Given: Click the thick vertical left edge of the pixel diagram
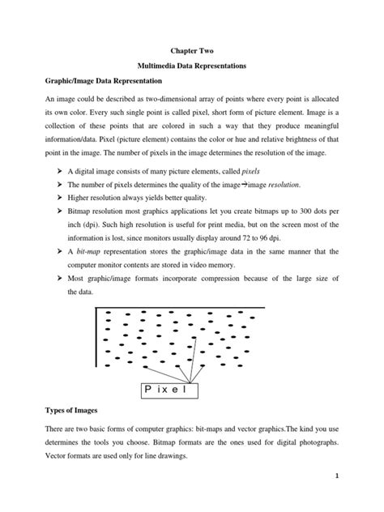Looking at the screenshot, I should [98, 340].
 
